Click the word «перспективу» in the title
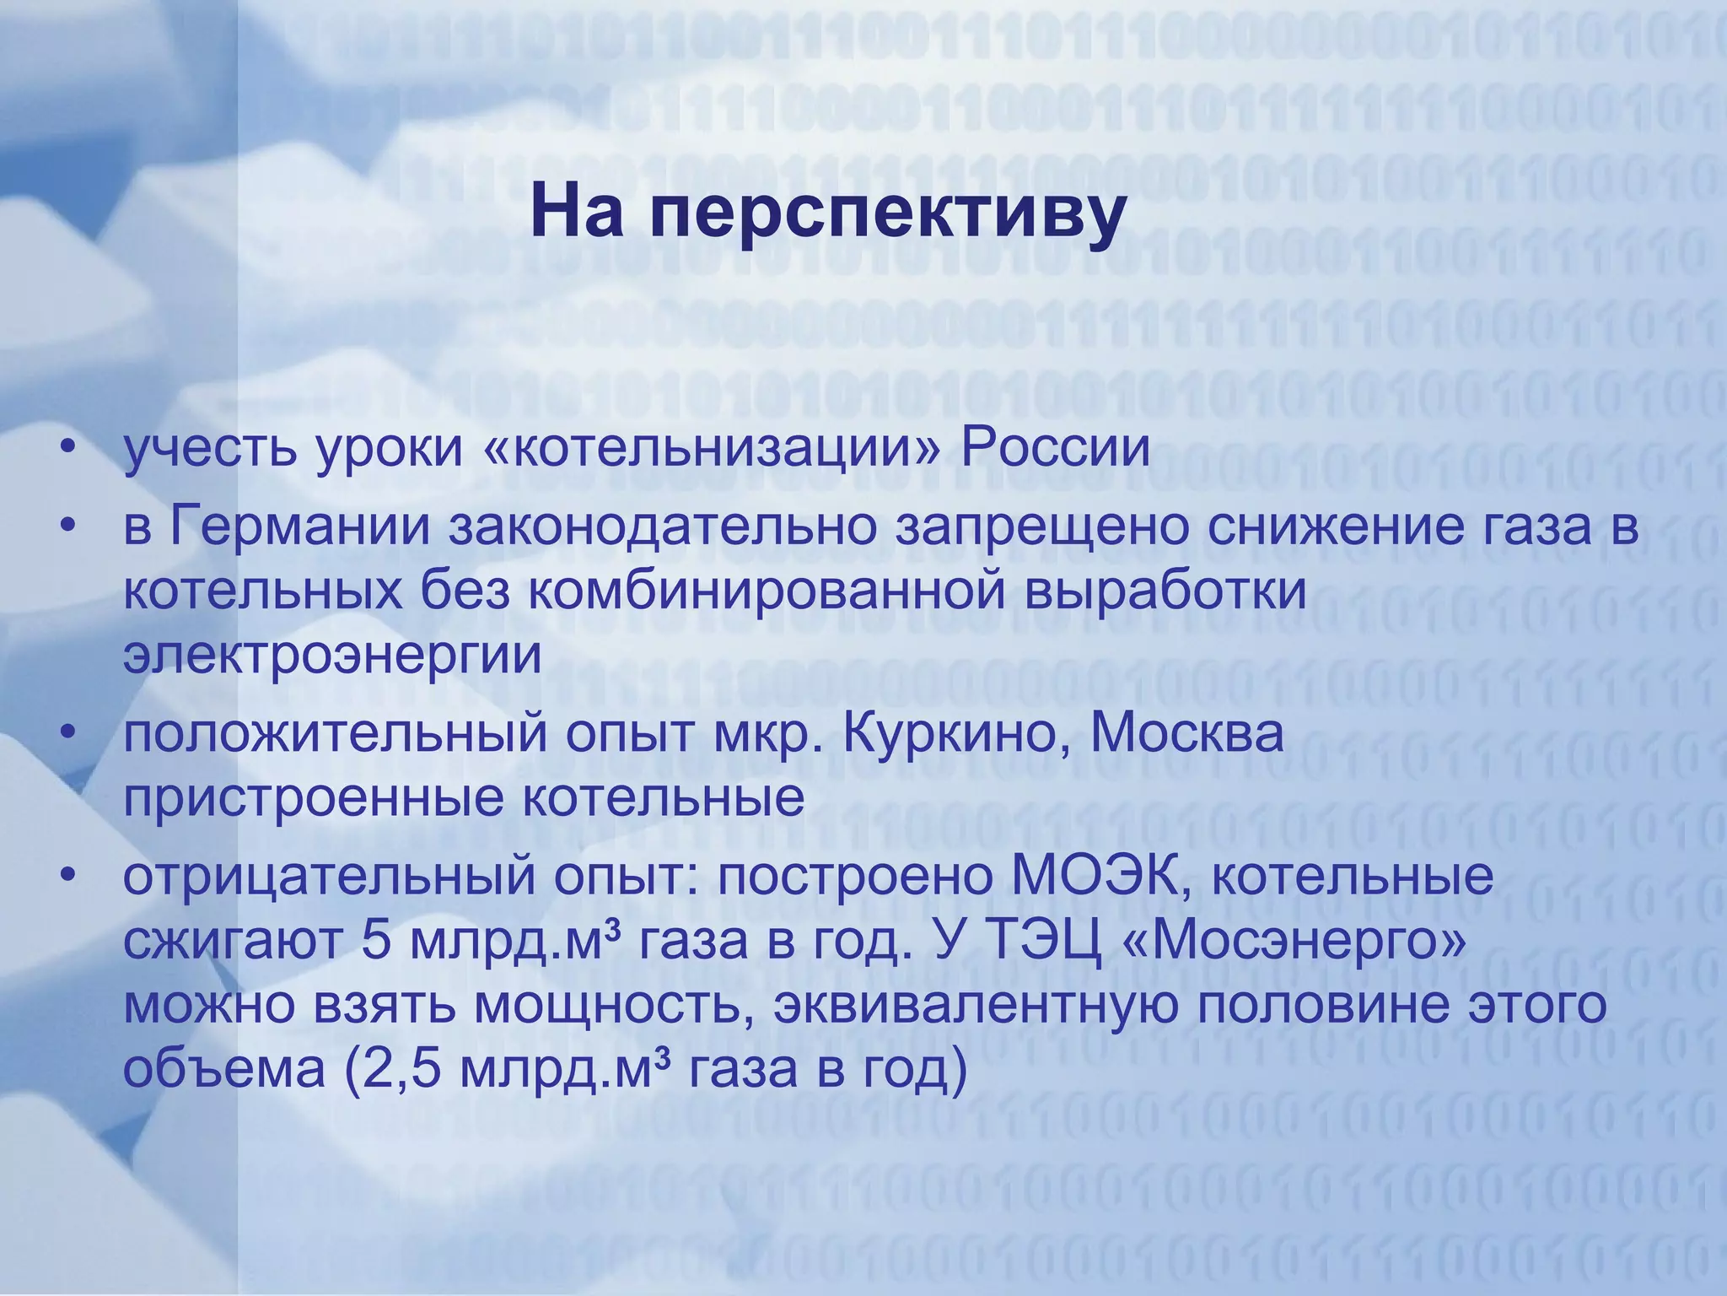pyautogui.click(x=886, y=215)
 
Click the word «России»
pyautogui.click(x=1055, y=448)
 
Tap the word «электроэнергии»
pyautogui.click(x=332, y=656)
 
